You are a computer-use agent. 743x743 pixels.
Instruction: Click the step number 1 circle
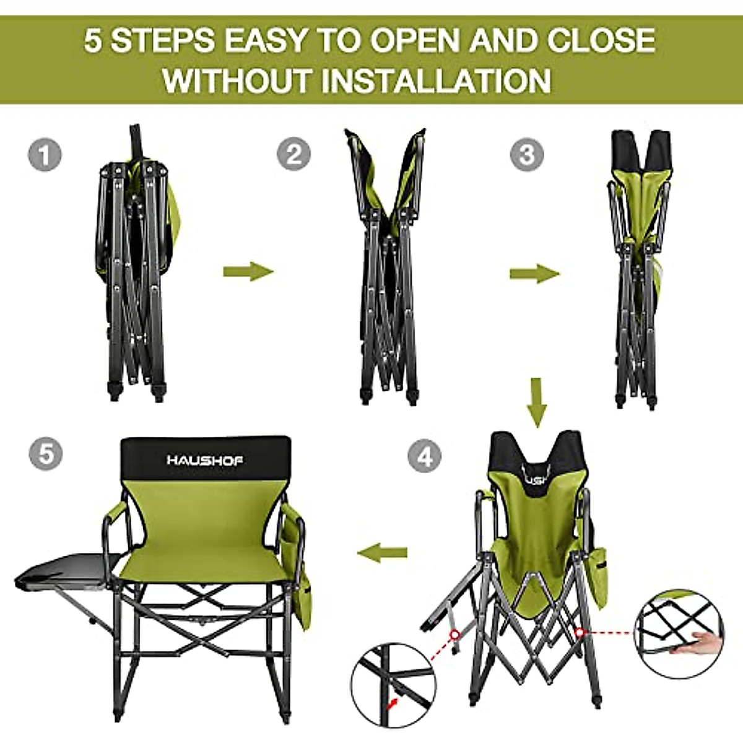pos(45,155)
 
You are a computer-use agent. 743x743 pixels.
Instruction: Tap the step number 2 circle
pos(293,154)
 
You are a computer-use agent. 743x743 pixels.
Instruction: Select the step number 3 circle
pos(527,154)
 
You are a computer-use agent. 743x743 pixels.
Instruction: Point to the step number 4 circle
pos(425,457)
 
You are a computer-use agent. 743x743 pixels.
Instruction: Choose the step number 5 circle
pos(46,454)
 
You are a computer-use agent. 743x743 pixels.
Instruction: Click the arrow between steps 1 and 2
pos(248,271)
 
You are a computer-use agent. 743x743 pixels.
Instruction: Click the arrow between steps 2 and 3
pos(534,273)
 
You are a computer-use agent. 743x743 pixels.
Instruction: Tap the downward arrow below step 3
pos(537,402)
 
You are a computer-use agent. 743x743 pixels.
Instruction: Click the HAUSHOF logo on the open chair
pos(205,460)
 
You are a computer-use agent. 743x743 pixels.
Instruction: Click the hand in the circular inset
pos(706,643)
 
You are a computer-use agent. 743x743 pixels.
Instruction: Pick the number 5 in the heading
pos(92,41)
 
